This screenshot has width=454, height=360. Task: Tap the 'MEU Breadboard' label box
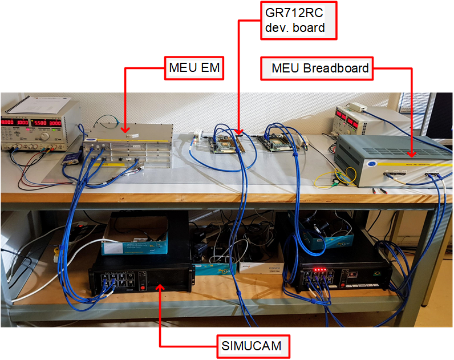point(319,69)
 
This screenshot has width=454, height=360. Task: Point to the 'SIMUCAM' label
point(253,345)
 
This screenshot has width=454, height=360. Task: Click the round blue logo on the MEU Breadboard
point(371,164)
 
